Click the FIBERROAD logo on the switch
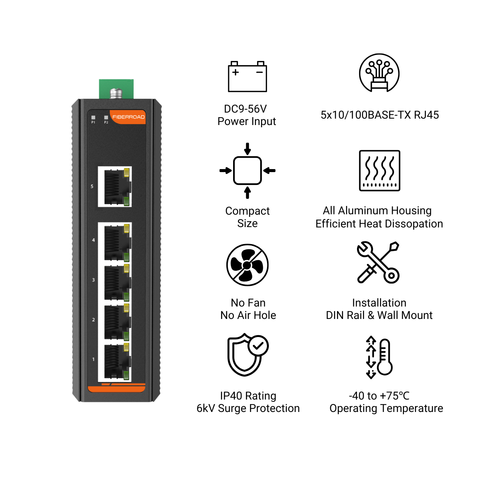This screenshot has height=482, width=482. [x=128, y=117]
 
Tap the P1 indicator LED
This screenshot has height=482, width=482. [x=93, y=117]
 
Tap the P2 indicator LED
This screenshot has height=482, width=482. [x=106, y=117]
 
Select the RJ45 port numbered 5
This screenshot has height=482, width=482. [x=115, y=187]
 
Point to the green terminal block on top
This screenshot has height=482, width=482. [x=116, y=89]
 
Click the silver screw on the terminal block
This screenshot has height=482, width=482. [x=116, y=93]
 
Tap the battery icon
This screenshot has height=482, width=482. [x=247, y=76]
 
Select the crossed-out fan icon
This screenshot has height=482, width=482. [x=247, y=265]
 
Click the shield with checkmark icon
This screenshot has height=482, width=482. [x=248, y=355]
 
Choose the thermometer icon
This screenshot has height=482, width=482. [x=379, y=357]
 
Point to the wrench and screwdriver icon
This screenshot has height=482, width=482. [x=378, y=262]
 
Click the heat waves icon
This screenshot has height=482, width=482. [x=380, y=171]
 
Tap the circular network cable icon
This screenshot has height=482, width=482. [x=379, y=73]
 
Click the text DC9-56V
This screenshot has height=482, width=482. [x=246, y=109]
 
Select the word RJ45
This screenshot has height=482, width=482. [x=426, y=115]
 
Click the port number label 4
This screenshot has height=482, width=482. [x=93, y=240]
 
